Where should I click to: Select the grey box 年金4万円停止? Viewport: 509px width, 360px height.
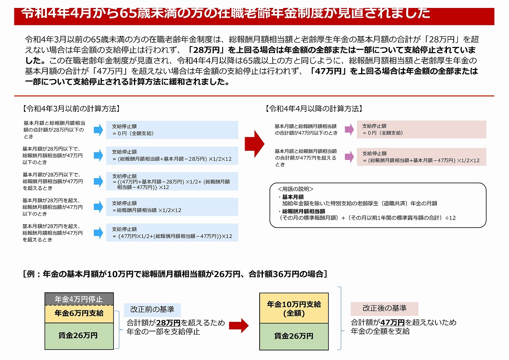[x=79, y=299]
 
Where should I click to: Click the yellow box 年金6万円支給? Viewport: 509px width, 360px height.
[x=79, y=313]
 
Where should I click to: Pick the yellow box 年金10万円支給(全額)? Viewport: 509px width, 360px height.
[x=294, y=308]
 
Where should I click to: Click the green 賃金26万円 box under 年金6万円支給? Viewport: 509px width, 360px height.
[x=79, y=336]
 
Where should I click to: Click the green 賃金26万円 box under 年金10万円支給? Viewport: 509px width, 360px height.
[x=294, y=336]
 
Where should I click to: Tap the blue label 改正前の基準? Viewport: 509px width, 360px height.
[x=152, y=310]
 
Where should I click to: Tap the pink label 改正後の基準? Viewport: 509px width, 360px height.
[x=384, y=308]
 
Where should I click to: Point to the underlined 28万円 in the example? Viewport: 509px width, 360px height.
[x=169, y=323]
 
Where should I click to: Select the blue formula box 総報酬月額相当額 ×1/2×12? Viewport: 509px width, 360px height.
[x=172, y=207]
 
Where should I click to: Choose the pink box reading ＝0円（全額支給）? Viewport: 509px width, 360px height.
[x=421, y=129]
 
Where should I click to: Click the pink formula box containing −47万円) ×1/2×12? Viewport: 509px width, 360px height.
[x=421, y=157]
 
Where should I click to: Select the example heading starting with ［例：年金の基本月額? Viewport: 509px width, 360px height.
[x=175, y=274]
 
